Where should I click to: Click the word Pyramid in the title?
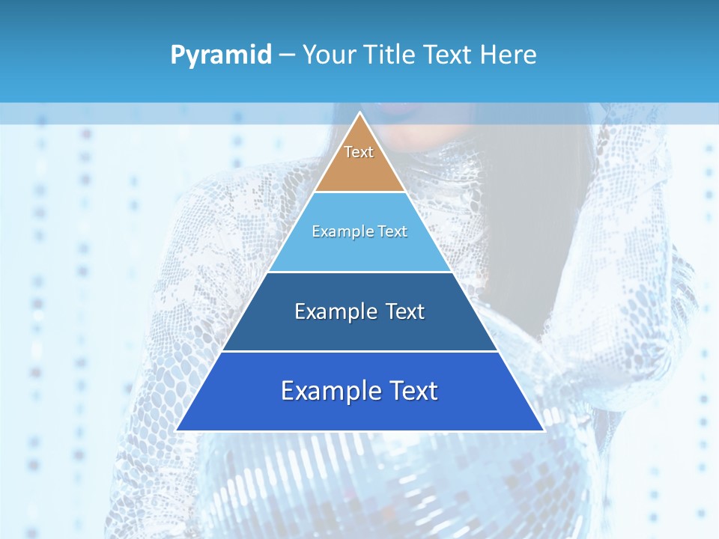(221, 55)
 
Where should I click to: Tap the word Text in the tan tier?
(359, 152)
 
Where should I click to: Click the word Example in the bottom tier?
(327, 391)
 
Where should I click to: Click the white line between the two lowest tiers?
(359, 351)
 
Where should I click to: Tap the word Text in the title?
(451, 55)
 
